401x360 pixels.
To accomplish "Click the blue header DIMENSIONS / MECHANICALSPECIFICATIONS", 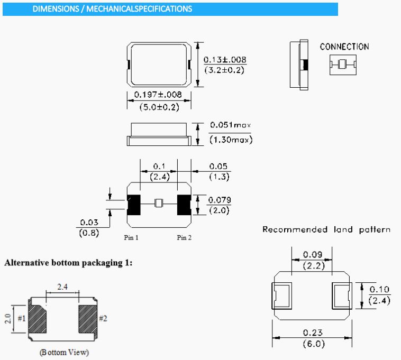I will (x=112, y=9).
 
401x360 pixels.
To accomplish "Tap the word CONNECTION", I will (x=344, y=47).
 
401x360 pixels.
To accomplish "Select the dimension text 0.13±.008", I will (x=225, y=60).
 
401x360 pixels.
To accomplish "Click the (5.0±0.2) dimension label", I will (x=159, y=107).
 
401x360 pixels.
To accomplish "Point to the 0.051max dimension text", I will (x=230, y=125).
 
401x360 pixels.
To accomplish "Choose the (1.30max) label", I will (x=231, y=140).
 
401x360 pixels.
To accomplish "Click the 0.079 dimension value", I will (x=219, y=200).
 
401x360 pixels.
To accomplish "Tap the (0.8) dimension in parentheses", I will (x=88, y=232).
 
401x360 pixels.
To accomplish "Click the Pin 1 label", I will (x=131, y=238).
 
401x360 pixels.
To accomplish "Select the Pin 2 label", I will (x=184, y=238).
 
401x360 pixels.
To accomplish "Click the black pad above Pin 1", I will (x=134, y=205).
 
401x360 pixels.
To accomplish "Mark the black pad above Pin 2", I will (x=184, y=205).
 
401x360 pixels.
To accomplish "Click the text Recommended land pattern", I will (x=326, y=229).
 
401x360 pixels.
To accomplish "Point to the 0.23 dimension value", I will (x=312, y=333).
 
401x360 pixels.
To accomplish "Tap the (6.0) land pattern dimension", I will (x=312, y=344).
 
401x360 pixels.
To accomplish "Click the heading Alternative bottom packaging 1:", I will (x=68, y=263).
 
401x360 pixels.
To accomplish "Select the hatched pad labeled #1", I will (x=37, y=319).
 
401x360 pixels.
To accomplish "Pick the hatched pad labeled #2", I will (x=87, y=319).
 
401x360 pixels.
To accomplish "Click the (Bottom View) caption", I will (x=64, y=352).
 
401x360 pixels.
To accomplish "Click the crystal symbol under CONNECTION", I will (x=342, y=64).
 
